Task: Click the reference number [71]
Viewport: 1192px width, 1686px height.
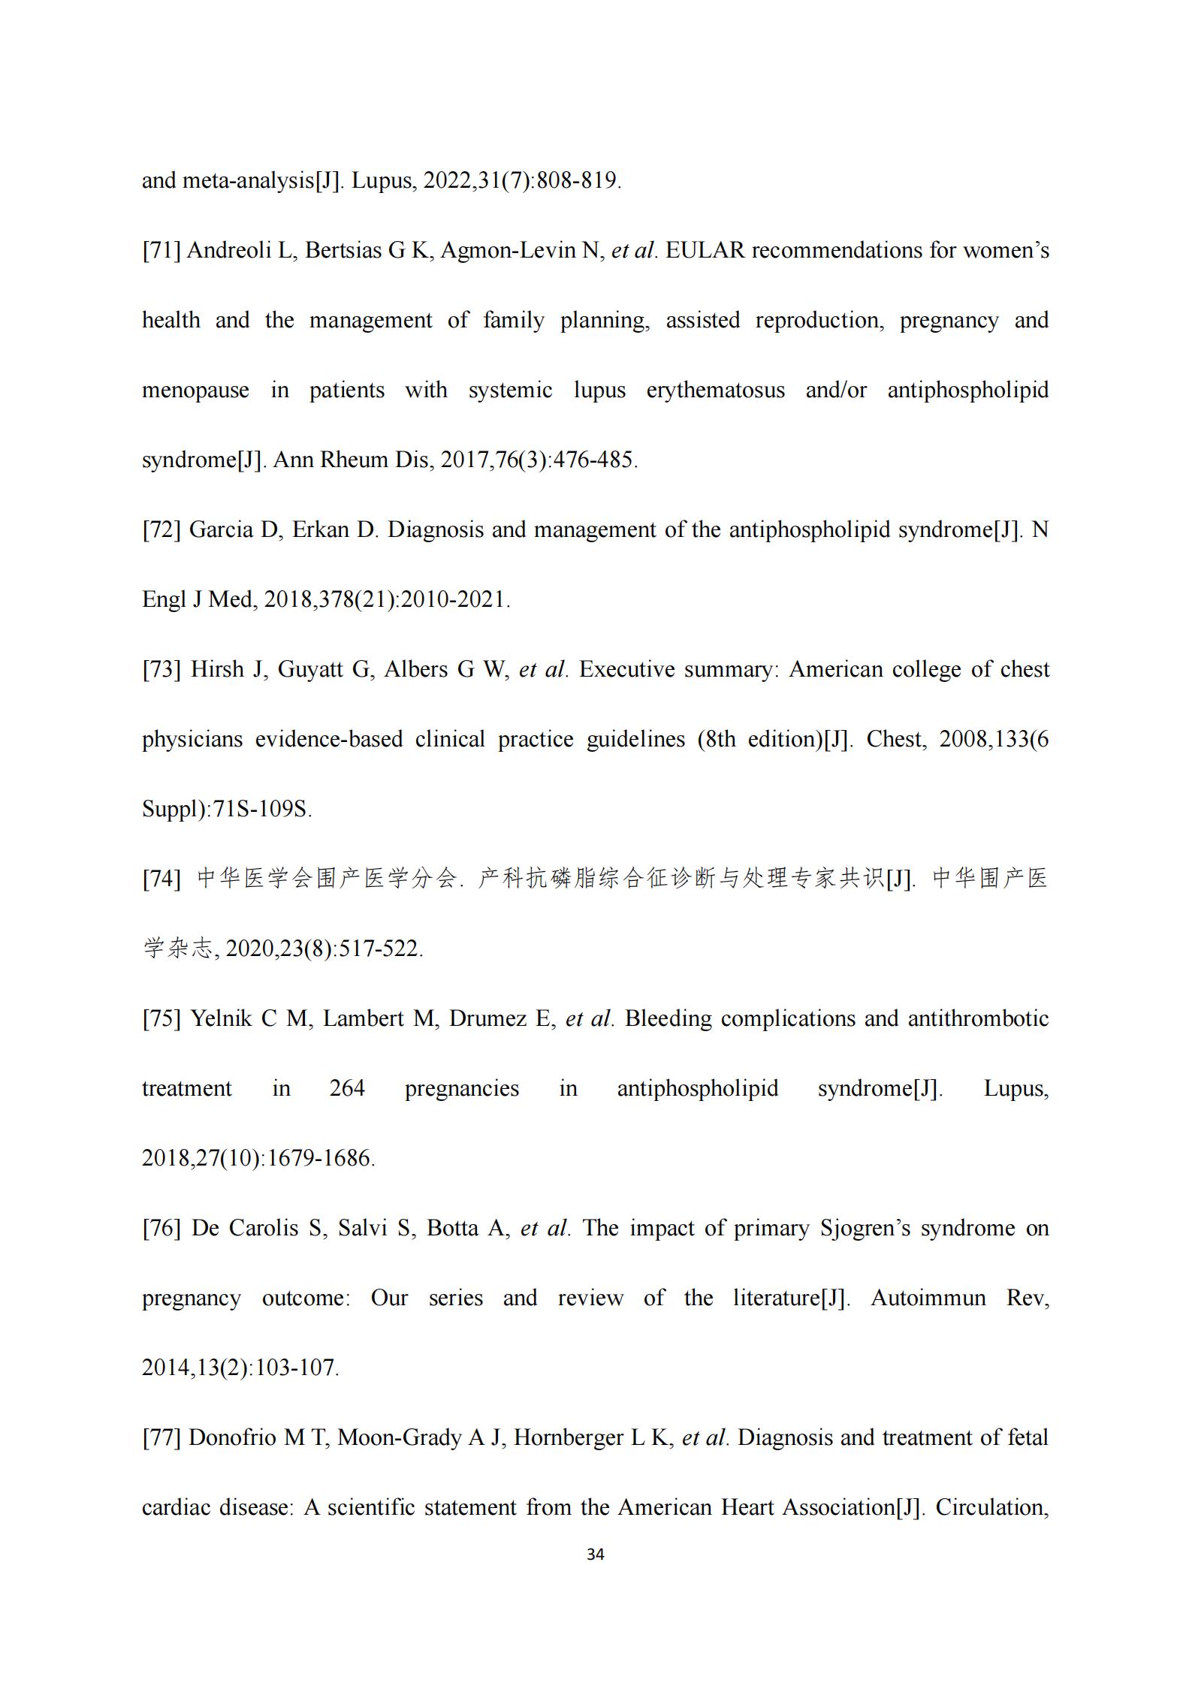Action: (x=161, y=250)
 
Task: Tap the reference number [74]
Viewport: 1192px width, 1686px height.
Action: (x=161, y=879)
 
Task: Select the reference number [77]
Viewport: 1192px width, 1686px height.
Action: (x=161, y=1437)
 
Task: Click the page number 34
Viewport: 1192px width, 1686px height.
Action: (x=595, y=1555)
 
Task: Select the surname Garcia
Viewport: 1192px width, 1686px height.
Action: (x=221, y=529)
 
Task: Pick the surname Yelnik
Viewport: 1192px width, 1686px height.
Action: (x=221, y=1018)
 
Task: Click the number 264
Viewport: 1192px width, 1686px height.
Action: (x=347, y=1088)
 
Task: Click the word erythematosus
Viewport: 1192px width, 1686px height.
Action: (x=715, y=391)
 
